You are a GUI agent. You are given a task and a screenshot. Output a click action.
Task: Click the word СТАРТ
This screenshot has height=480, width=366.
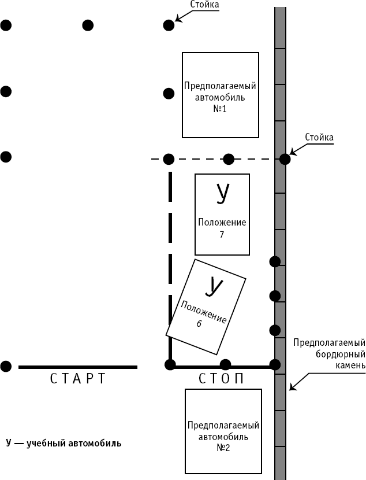[x=77, y=379]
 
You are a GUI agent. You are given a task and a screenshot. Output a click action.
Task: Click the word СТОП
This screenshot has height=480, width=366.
[x=222, y=379]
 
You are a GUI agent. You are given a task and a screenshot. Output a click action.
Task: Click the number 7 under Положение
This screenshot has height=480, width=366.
[x=222, y=234]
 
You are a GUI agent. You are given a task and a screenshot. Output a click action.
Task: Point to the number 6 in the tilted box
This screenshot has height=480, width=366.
[x=199, y=324]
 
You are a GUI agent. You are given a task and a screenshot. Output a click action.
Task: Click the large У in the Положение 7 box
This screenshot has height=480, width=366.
[x=222, y=194]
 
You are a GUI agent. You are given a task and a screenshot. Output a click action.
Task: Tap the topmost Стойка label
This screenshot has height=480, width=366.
[x=204, y=4]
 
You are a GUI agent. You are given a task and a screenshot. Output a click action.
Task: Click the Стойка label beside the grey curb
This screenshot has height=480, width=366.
[x=319, y=137]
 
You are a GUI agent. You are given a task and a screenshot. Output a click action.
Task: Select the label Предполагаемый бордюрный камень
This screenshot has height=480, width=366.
[x=329, y=353]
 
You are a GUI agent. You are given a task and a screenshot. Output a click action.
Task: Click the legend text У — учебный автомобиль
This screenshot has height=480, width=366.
[x=64, y=443]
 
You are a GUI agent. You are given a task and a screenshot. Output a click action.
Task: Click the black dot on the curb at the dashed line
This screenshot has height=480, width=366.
[x=285, y=159]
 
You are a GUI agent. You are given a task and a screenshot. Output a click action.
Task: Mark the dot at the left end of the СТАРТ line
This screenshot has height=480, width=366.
[x=6, y=366]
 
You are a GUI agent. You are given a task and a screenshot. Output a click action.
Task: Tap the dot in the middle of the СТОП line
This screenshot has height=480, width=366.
[x=225, y=364]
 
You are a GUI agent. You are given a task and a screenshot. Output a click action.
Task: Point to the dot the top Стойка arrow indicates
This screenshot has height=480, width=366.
[x=169, y=25]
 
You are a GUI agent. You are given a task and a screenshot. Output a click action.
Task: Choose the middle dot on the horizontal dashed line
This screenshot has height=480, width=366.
[x=229, y=159]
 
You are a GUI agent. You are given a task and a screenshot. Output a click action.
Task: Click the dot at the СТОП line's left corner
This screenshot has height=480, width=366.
[x=170, y=364]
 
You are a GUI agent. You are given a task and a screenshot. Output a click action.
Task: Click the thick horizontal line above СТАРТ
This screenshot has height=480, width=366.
[x=78, y=367]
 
